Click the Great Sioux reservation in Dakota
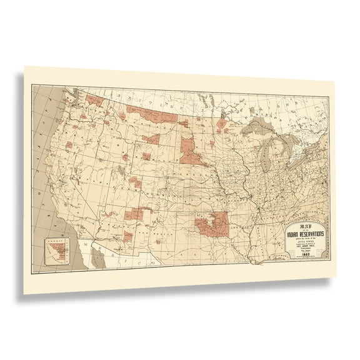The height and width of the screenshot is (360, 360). [191, 152]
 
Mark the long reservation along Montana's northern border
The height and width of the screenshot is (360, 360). [150, 114]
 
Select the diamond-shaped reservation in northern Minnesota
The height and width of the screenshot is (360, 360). [222, 123]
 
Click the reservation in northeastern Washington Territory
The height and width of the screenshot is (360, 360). [94, 100]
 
